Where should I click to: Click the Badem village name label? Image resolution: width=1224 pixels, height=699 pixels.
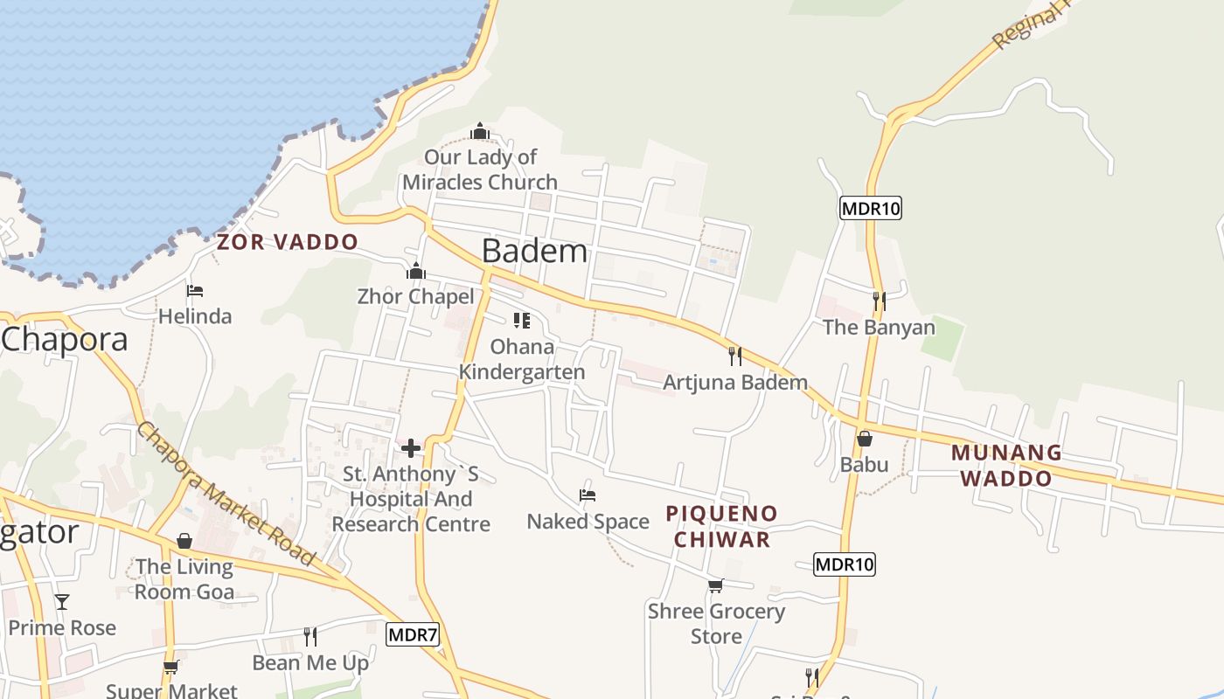click(x=534, y=251)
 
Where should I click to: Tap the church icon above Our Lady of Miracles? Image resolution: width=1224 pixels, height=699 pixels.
click(x=479, y=132)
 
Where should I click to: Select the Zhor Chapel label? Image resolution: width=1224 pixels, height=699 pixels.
click(x=415, y=296)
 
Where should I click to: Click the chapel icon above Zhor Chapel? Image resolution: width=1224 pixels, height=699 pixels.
click(x=416, y=271)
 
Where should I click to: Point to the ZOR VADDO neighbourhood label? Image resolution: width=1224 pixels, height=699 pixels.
click(x=288, y=242)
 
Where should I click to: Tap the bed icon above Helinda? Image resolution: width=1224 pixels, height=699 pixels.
click(x=195, y=290)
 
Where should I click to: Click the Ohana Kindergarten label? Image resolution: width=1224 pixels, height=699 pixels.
click(x=522, y=359)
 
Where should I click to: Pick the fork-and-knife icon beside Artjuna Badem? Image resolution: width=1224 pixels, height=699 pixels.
click(x=735, y=356)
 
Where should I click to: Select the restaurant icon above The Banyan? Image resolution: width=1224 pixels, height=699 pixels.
click(x=879, y=301)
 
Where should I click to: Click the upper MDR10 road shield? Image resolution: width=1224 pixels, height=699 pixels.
click(x=870, y=208)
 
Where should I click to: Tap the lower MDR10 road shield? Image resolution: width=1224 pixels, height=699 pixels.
click(x=844, y=564)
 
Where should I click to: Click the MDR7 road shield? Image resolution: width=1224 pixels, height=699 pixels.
click(x=412, y=634)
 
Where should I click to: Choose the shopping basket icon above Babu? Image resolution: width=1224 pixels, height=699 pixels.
click(x=864, y=439)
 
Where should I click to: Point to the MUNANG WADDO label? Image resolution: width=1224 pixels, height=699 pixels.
click(x=1006, y=466)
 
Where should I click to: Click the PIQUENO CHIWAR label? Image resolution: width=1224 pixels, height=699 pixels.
click(x=721, y=526)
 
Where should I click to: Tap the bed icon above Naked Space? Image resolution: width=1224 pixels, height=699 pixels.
click(x=588, y=496)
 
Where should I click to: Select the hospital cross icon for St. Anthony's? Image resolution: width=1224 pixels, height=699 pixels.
click(x=411, y=448)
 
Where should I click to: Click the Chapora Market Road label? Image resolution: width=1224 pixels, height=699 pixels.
click(x=225, y=494)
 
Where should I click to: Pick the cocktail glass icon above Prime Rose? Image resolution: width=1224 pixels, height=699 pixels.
click(x=62, y=602)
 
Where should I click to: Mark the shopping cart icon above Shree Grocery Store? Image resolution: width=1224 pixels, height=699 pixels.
click(x=716, y=585)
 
